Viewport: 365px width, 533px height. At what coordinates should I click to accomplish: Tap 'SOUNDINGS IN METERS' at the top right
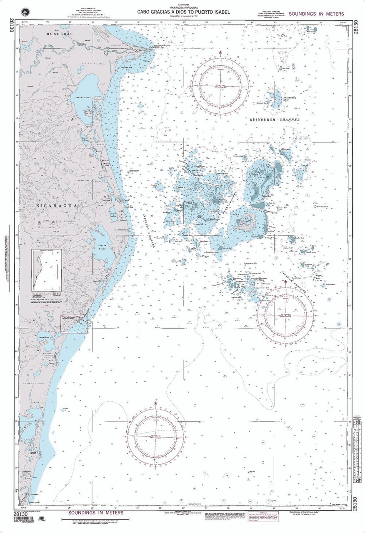click(320, 14)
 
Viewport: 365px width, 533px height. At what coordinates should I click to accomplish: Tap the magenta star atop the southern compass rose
click(156, 403)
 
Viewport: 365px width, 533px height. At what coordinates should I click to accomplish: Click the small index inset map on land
click(47, 270)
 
